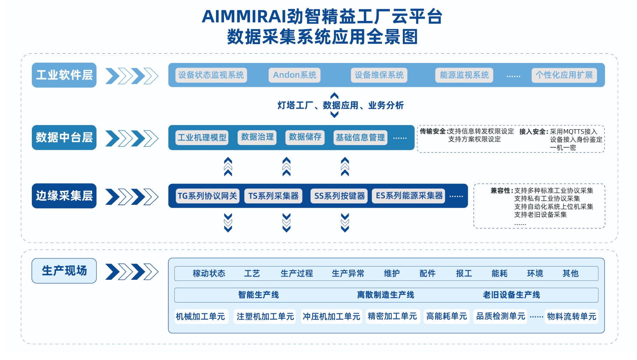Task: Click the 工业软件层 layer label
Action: click(64, 75)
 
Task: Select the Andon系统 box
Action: click(294, 75)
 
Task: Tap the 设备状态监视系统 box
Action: click(211, 75)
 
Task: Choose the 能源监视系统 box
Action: click(464, 75)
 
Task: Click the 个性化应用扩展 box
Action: click(564, 75)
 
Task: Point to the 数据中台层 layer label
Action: click(64, 137)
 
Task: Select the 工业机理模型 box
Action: click(202, 137)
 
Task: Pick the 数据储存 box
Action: click(305, 137)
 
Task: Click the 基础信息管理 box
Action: click(360, 137)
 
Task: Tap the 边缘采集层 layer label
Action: click(64, 196)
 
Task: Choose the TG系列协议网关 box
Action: click(207, 196)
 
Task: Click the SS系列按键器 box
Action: click(339, 196)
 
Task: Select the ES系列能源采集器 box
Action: click(409, 196)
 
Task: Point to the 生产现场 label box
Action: click(64, 271)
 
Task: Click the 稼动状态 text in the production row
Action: click(209, 274)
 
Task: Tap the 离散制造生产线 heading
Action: click(385, 295)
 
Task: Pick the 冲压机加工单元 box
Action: click(331, 317)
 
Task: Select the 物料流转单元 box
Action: click(571, 317)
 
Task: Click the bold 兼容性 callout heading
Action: click(502, 191)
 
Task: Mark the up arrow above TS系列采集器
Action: click(286, 167)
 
